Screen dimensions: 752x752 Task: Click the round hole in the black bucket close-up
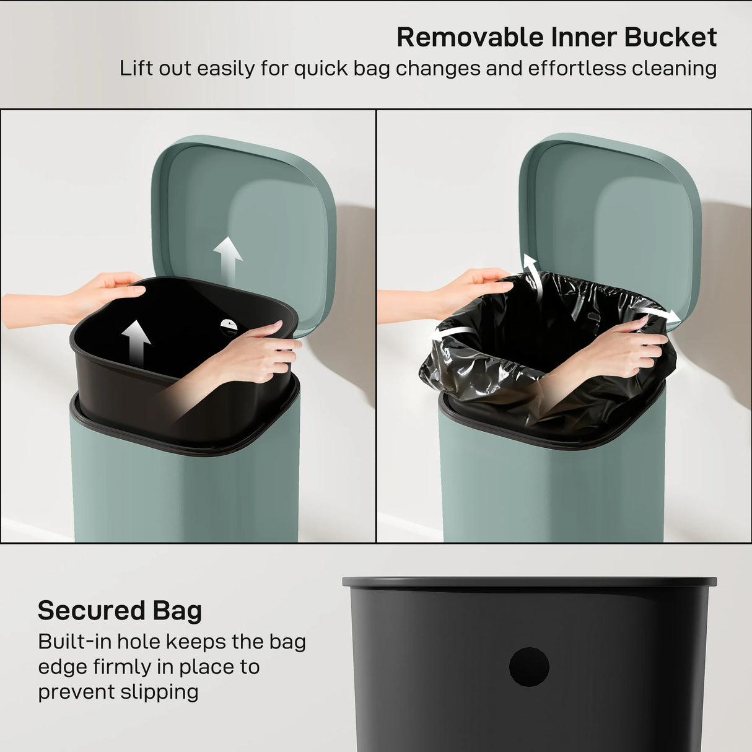(529, 667)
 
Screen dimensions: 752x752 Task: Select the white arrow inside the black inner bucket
(136, 343)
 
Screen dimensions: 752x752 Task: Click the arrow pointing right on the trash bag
(660, 314)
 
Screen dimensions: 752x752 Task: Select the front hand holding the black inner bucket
(260, 353)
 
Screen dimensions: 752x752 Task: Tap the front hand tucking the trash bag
(619, 350)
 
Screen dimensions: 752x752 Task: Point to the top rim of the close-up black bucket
(529, 582)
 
